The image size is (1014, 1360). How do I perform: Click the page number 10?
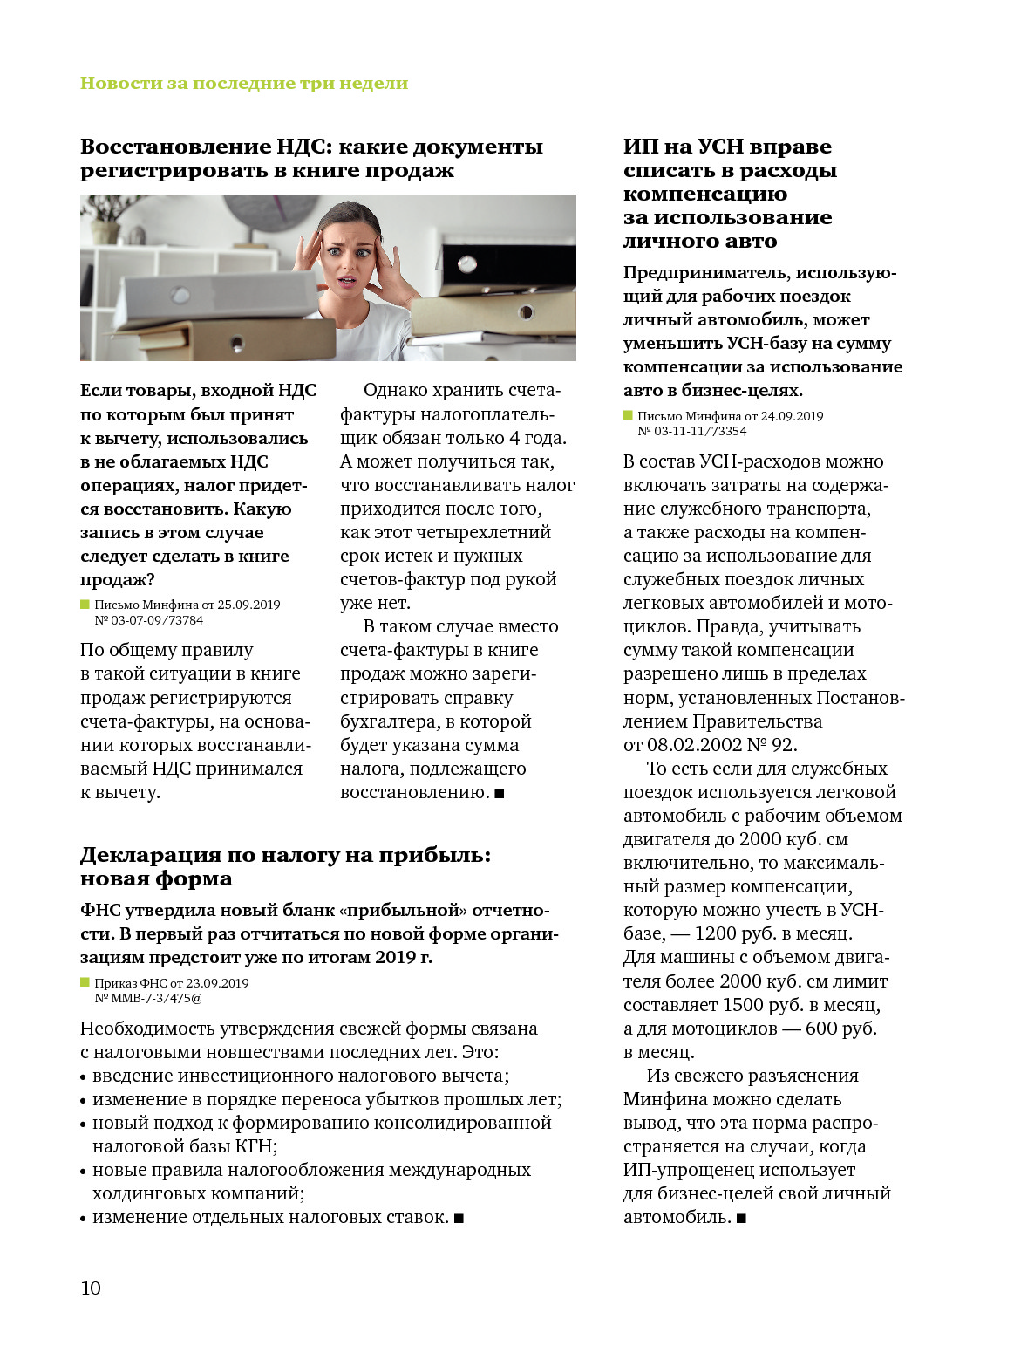(x=91, y=1288)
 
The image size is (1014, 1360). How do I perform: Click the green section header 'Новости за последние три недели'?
(x=244, y=84)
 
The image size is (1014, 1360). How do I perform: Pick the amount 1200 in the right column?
(x=715, y=933)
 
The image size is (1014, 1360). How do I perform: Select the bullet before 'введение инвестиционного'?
(x=84, y=1077)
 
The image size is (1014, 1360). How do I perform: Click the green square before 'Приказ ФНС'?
(x=85, y=982)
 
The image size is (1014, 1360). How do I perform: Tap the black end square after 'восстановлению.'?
(x=500, y=793)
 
